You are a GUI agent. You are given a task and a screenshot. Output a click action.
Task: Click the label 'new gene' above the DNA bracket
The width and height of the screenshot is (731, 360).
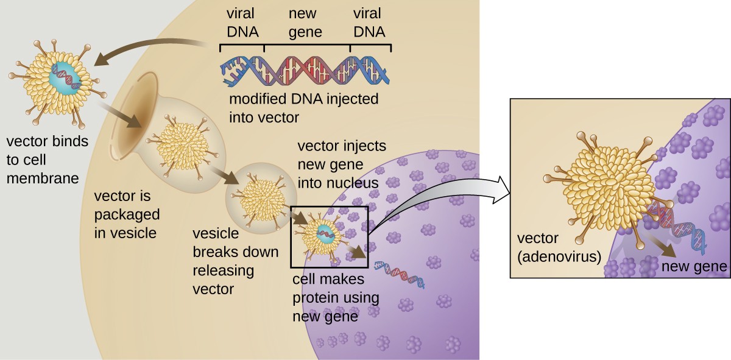point(308,22)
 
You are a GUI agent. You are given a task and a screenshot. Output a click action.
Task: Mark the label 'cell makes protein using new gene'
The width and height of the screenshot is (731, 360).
point(335,298)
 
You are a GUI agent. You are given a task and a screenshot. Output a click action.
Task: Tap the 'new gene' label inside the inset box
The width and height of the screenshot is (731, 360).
point(694,266)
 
